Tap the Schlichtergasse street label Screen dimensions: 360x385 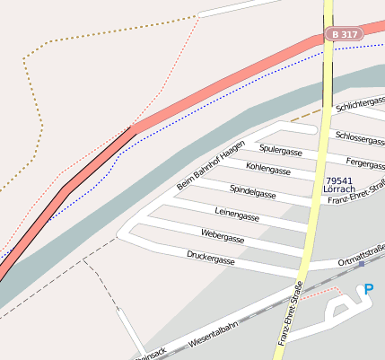360,105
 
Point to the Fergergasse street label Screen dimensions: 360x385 365,164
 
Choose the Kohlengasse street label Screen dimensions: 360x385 267,169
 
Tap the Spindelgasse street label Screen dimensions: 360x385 252,191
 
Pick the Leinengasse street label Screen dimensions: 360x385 237,217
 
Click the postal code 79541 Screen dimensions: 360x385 338,180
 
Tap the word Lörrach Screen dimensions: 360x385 338,190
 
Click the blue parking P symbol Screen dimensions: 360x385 368,289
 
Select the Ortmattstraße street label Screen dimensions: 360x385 361,261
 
